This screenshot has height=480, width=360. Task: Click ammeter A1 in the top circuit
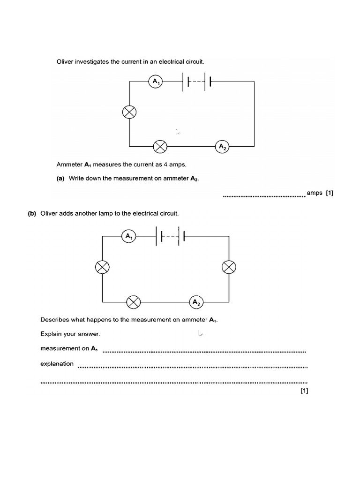pos(155,82)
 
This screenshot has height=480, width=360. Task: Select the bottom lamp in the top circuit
pos(160,146)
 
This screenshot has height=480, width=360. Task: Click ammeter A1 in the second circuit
pos(128,236)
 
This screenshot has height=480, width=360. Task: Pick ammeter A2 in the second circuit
pos(196,302)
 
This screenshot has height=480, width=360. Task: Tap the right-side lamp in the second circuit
pos(229,267)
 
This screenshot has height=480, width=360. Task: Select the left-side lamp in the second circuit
pos(102,267)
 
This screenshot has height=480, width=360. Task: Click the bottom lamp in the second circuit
pos(134,302)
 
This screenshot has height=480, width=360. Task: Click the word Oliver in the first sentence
pos(66,61)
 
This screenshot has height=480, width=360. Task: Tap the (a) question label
pos(61,178)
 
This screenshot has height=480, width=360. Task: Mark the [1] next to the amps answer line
pos(329,193)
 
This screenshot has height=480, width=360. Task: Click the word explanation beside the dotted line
pos(57,363)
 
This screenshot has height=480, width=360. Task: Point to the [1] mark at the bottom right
pos(304,391)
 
